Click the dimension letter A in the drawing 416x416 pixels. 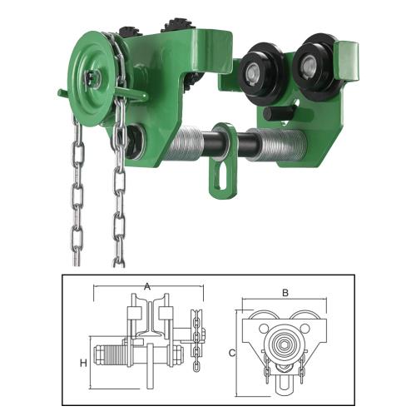(x=147, y=286)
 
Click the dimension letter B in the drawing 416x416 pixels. (x=285, y=293)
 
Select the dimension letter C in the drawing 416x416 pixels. (x=232, y=353)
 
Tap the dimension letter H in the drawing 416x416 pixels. (x=83, y=363)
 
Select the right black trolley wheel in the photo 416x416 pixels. (x=310, y=68)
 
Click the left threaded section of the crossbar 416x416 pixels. (x=186, y=144)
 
